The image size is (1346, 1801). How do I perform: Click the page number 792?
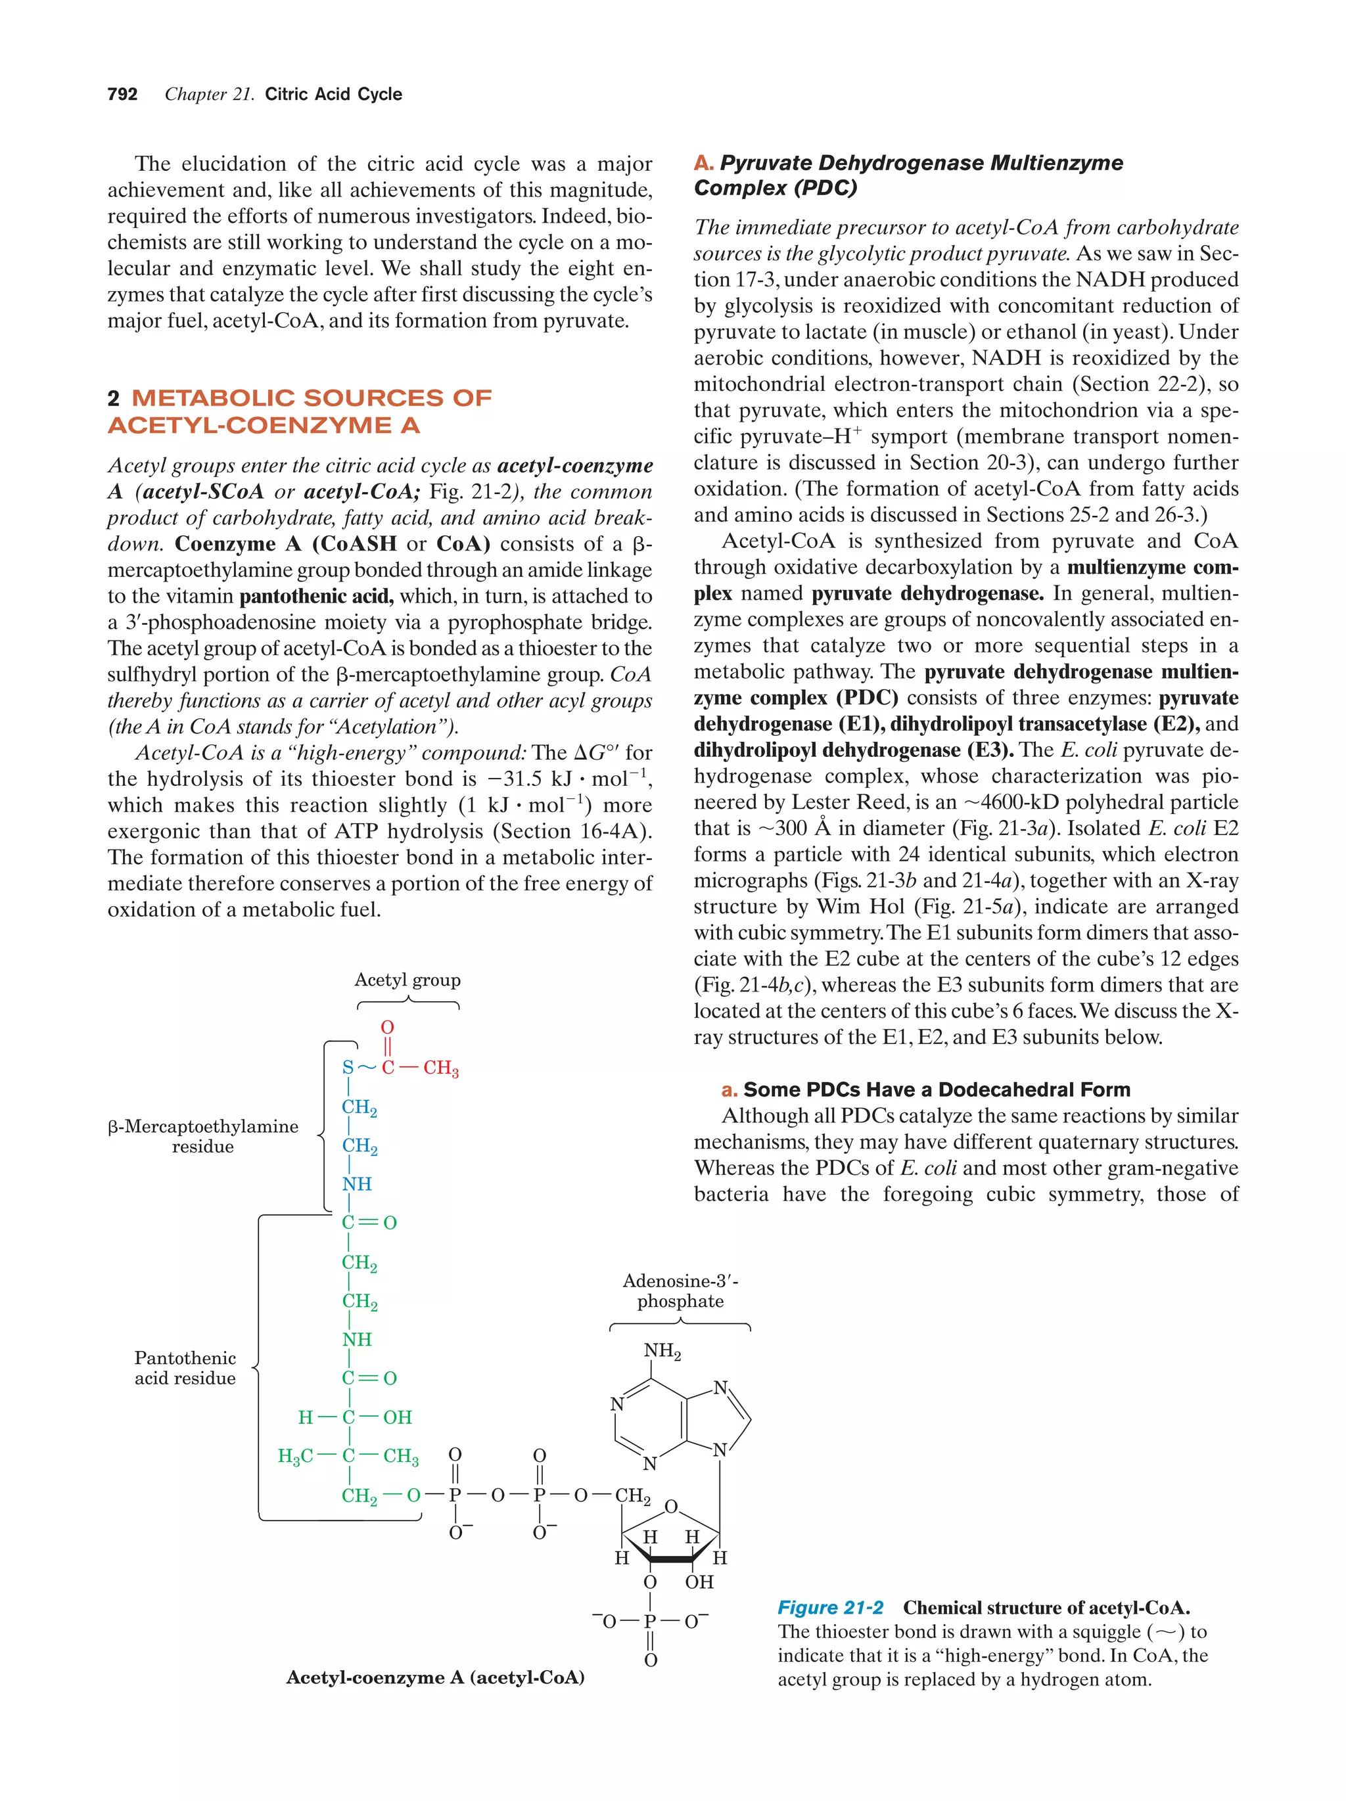click(x=122, y=95)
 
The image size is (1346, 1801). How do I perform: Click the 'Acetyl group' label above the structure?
click(x=407, y=980)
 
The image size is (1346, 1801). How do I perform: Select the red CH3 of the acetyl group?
click(x=440, y=1068)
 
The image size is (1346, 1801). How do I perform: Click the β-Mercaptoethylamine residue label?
click(x=203, y=1136)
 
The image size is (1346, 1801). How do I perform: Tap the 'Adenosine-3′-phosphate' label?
click(x=680, y=1290)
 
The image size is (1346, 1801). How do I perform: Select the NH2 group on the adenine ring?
click(x=662, y=1352)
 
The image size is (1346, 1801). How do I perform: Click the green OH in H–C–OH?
click(x=398, y=1417)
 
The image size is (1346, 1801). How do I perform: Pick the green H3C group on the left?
click(x=295, y=1456)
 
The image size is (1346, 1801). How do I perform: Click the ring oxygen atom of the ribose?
click(x=671, y=1507)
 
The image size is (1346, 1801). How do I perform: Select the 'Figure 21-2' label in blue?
click(x=829, y=1607)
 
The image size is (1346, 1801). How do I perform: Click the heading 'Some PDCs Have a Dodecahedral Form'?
click(x=937, y=1089)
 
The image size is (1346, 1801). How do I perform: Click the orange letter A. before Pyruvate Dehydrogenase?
click(x=703, y=163)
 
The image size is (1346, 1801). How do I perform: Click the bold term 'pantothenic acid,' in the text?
click(x=316, y=596)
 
